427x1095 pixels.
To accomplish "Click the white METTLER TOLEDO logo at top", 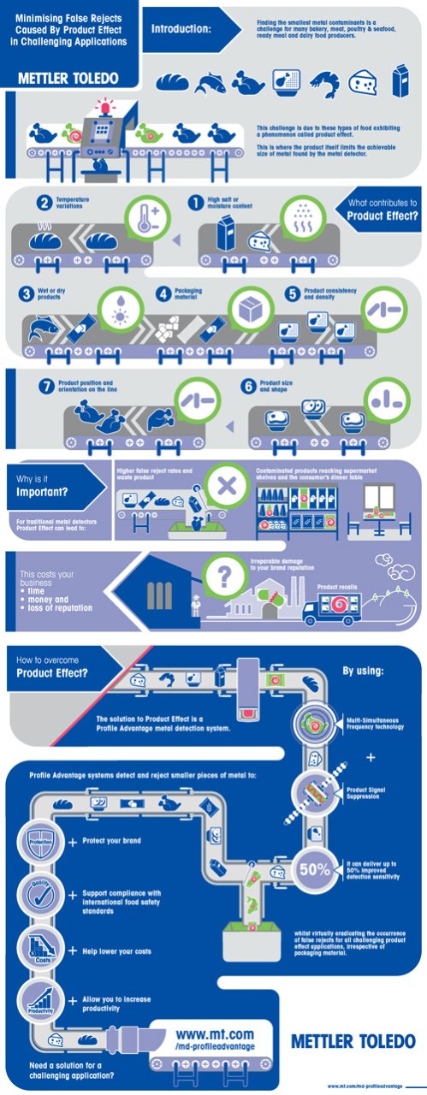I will coord(68,78).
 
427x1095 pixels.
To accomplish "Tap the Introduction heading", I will coord(181,29).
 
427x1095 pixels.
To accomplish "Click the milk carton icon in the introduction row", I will coord(399,82).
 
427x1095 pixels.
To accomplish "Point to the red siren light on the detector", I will coord(107,109).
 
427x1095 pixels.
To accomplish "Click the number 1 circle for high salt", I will coord(196,203).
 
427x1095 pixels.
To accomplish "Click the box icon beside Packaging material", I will coord(253,310).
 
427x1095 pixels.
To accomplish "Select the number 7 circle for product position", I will coord(47,387).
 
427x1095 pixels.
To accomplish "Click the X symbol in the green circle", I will coord(226,487).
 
